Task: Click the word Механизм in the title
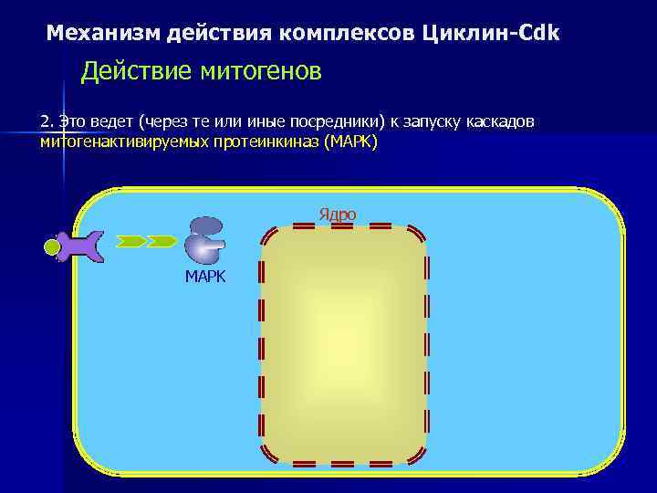pos(103,34)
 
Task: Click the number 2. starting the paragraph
pos(47,122)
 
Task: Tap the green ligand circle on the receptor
pos(53,246)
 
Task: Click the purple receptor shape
pos(80,245)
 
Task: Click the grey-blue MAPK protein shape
pos(205,240)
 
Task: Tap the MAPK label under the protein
pos(204,277)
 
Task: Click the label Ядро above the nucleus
pos(337,215)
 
